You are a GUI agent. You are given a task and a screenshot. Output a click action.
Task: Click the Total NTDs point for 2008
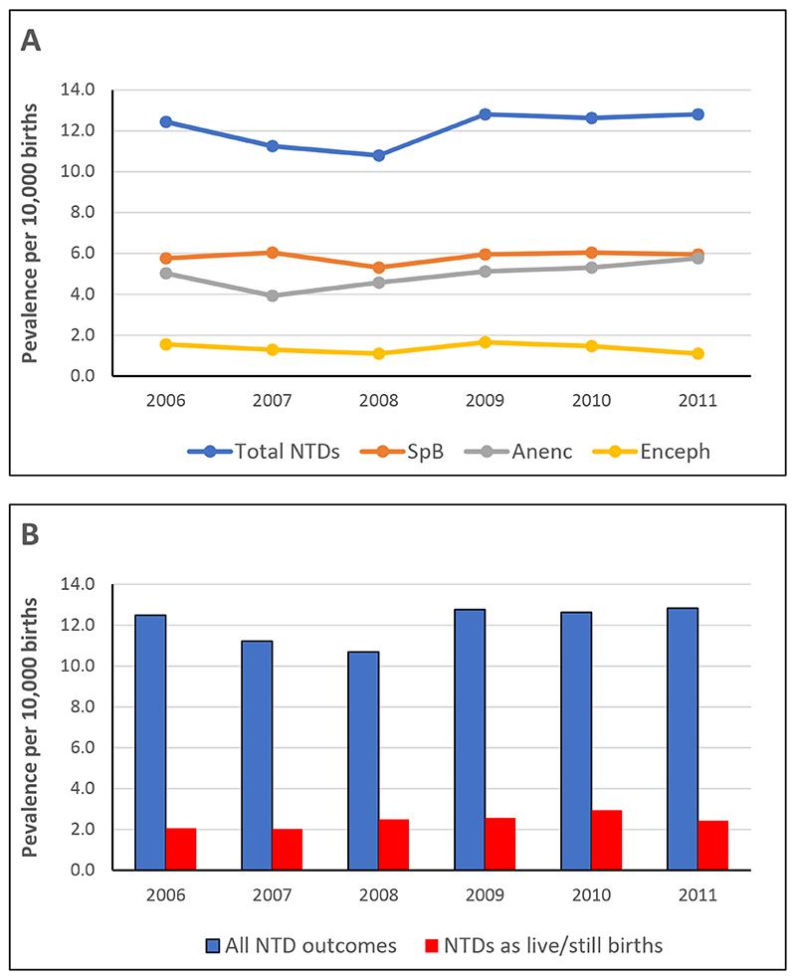[378, 155]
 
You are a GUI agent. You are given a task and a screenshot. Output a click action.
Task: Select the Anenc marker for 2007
[272, 295]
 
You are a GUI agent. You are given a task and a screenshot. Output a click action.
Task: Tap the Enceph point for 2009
[485, 342]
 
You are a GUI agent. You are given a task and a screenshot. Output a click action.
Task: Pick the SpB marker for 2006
[165, 259]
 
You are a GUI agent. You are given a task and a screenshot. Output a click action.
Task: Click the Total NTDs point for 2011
[697, 114]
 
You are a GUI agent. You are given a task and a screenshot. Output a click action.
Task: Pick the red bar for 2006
[181, 849]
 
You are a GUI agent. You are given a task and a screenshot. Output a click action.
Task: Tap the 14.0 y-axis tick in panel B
[78, 584]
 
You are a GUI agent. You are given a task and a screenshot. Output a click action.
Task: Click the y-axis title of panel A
[33, 233]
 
